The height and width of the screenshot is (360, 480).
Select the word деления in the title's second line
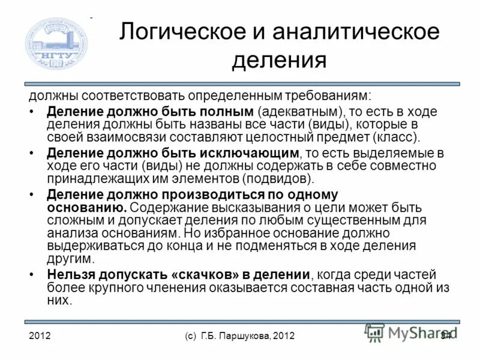280,60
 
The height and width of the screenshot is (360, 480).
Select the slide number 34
445,335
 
